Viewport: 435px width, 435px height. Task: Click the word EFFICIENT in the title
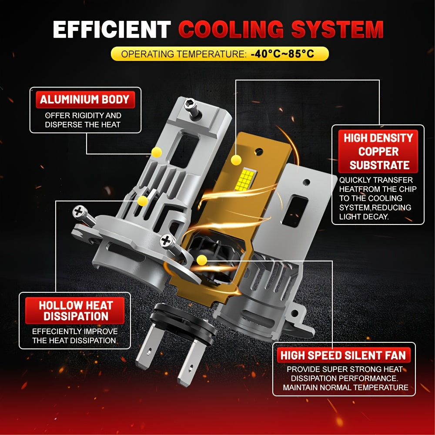(112, 29)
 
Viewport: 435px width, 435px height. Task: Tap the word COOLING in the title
(231, 29)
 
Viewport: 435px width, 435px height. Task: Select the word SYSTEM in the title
(338, 29)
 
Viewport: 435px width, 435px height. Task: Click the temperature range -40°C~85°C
(282, 54)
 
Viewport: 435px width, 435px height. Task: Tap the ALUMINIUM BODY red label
(85, 100)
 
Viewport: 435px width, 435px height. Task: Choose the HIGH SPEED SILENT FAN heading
(344, 355)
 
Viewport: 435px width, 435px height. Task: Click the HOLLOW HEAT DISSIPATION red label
(75, 311)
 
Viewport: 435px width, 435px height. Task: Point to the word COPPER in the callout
(378, 152)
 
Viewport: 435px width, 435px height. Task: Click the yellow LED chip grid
(245, 180)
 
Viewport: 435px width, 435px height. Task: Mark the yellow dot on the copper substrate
(236, 160)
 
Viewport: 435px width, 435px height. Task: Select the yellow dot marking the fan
(202, 260)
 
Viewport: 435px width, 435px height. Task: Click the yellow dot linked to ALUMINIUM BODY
(157, 152)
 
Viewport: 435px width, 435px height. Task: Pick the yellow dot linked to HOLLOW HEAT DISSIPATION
(143, 201)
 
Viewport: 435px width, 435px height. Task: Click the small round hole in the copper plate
(258, 152)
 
